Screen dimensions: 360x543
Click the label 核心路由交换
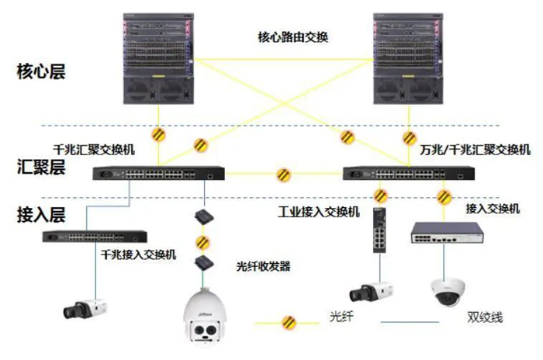click(x=293, y=36)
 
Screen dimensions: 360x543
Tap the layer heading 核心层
click(x=40, y=73)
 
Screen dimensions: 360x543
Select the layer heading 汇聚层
click(x=40, y=166)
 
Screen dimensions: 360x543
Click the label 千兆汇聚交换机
click(x=92, y=148)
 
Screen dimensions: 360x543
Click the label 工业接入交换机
click(x=320, y=211)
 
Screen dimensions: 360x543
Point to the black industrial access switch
click(x=379, y=230)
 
